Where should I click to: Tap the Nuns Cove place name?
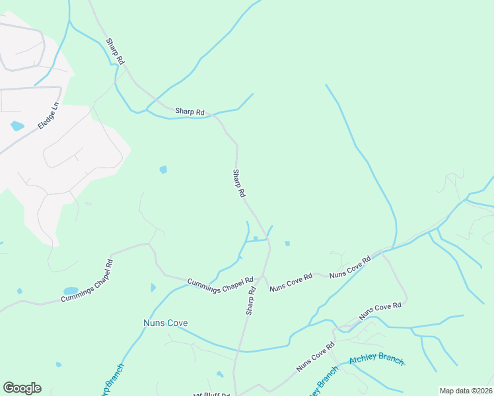tap(166, 323)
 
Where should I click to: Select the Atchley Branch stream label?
tap(376, 360)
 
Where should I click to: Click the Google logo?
tap(22, 388)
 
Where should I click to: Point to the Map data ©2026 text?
tap(466, 391)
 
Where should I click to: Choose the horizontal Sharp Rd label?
tap(190, 112)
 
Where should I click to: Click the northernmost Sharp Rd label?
tap(116, 51)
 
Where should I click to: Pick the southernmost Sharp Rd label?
tap(251, 300)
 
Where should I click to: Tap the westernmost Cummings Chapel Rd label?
tap(87, 280)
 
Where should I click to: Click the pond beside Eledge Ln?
tap(17, 125)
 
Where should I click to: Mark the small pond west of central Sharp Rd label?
tap(163, 170)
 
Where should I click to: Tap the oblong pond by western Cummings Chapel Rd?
tap(71, 290)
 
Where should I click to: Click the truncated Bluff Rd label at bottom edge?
tap(215, 394)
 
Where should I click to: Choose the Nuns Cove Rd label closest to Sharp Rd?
tap(291, 282)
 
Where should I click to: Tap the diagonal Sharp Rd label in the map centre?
tap(239, 183)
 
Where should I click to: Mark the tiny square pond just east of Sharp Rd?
tap(287, 244)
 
